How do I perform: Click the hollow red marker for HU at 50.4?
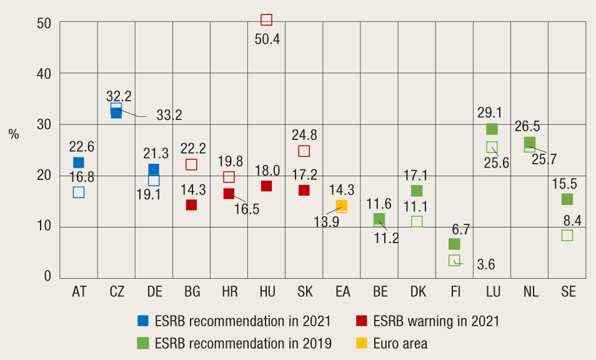(x=266, y=20)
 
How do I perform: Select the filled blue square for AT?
(x=79, y=162)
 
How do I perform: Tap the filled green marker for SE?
(x=567, y=199)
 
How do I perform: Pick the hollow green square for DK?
(x=417, y=221)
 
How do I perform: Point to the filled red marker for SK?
(x=304, y=190)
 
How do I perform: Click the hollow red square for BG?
(x=191, y=164)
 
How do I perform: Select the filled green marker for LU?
(x=492, y=129)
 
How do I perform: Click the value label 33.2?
(x=169, y=116)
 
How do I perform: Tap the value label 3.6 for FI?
(x=485, y=265)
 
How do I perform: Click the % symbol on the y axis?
(x=14, y=134)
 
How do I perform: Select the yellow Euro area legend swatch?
(x=362, y=343)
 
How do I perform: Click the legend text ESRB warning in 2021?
(x=436, y=321)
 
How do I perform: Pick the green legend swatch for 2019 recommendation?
(x=144, y=343)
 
